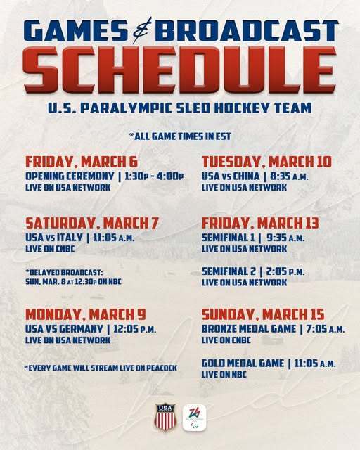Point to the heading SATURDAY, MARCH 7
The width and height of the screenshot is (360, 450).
[91, 223]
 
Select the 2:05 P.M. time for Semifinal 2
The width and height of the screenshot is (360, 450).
[289, 271]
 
